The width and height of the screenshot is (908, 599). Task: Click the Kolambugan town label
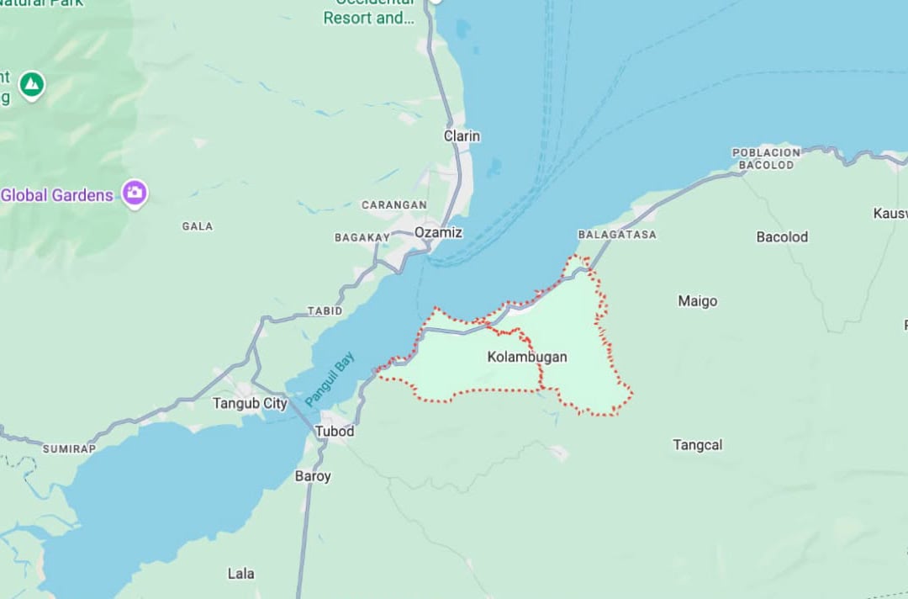click(527, 357)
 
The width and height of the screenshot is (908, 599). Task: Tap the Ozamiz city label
click(438, 232)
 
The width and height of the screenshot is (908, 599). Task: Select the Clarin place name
click(462, 135)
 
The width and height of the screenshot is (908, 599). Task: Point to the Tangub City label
click(250, 403)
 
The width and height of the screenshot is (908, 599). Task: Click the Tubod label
click(334, 432)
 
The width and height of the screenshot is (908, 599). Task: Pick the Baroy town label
click(313, 476)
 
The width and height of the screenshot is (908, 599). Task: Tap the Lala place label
click(240, 574)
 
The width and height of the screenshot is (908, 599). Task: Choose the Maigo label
click(698, 301)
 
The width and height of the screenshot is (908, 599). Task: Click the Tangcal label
click(697, 445)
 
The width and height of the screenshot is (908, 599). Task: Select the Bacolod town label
click(782, 237)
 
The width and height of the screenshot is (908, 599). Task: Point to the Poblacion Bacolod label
click(766, 159)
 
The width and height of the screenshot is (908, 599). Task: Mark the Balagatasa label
click(617, 235)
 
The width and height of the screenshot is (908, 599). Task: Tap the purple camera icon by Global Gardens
click(135, 193)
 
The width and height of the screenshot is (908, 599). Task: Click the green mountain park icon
click(32, 84)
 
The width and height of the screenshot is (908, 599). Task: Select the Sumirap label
click(69, 449)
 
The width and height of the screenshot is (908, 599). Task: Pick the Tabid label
click(325, 310)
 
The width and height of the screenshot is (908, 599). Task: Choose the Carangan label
click(393, 205)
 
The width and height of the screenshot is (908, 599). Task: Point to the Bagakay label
click(362, 238)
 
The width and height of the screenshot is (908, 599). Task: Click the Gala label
click(198, 226)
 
